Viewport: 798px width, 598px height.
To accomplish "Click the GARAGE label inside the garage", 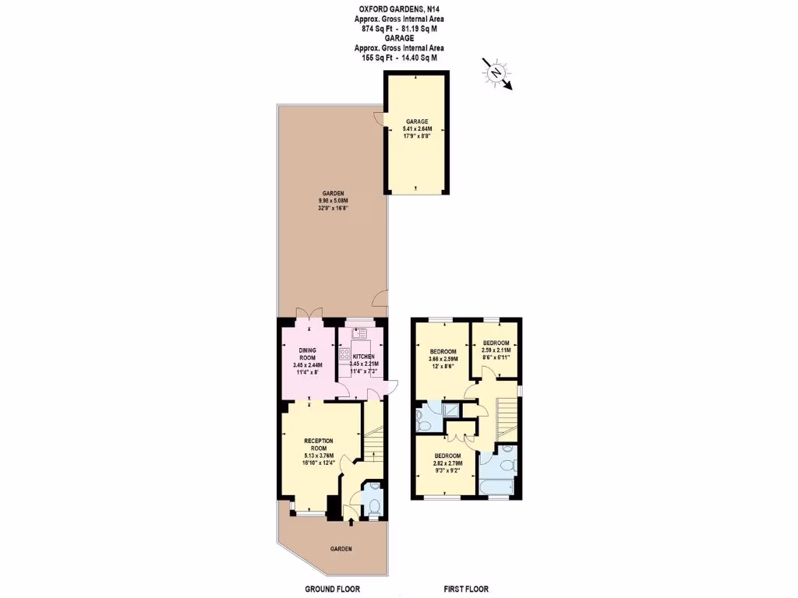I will [415, 121].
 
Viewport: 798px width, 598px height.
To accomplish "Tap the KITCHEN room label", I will [363, 357].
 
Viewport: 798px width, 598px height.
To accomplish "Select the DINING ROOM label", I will [306, 354].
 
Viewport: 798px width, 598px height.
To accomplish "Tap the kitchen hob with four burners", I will [344, 356].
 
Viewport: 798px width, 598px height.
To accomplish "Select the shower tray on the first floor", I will [451, 412].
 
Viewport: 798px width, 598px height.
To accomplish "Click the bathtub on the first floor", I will [496, 488].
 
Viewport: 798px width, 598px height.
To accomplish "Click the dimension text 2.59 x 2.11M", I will [496, 352].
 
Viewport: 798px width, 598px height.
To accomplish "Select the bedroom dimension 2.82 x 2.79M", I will [447, 465].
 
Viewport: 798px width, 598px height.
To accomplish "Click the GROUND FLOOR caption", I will [332, 589].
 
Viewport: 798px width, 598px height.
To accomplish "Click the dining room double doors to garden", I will [310, 315].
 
